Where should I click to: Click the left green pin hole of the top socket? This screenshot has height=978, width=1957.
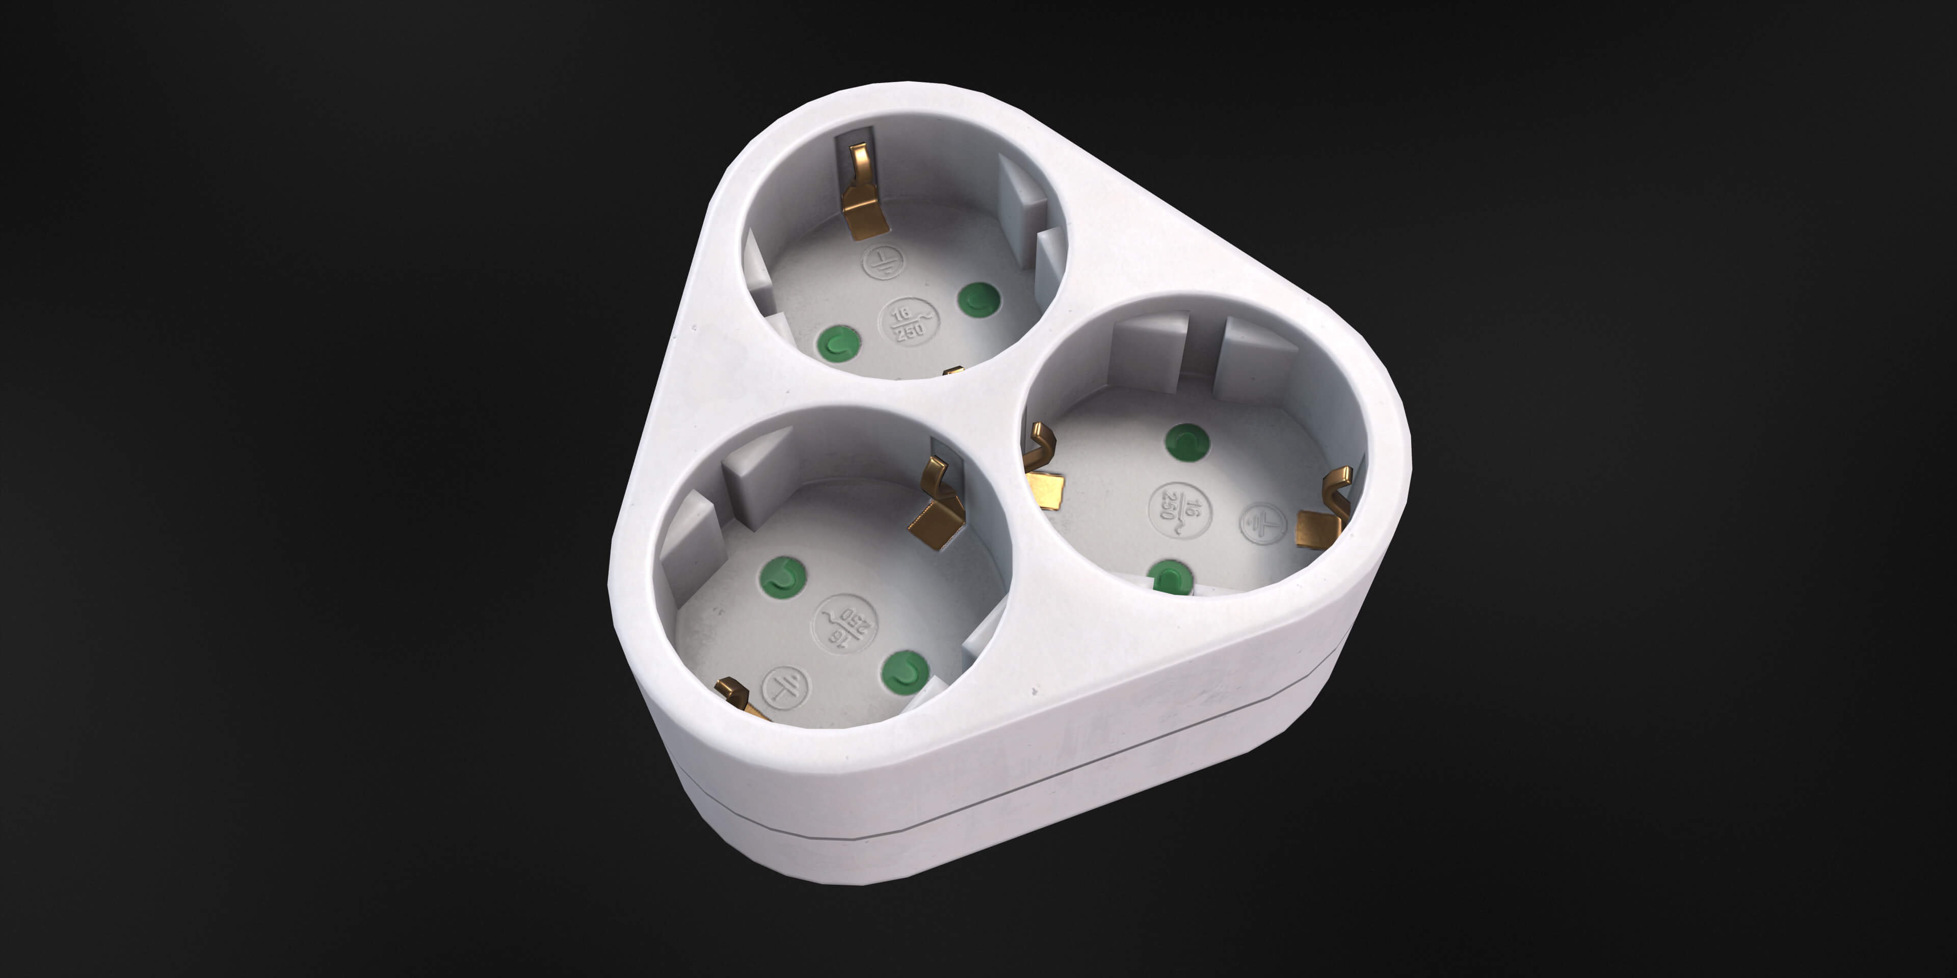pyautogui.click(x=839, y=343)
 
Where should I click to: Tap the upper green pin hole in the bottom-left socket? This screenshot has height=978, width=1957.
pyautogui.click(x=782, y=577)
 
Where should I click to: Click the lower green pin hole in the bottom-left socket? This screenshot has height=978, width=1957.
pyautogui.click(x=904, y=672)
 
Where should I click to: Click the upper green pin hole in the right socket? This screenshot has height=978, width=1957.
pyautogui.click(x=1186, y=443)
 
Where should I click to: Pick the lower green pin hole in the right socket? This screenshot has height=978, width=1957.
pyautogui.click(x=1170, y=577)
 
